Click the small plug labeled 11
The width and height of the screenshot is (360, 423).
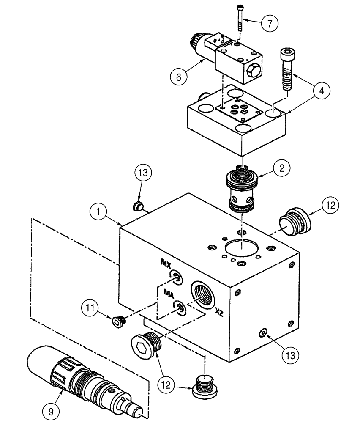click(x=117, y=322)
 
